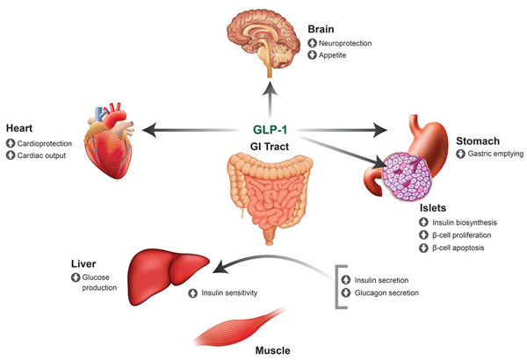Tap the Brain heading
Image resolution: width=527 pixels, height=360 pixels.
pyautogui.click(x=321, y=28)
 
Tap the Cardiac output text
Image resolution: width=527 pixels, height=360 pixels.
pyautogui.click(x=44, y=155)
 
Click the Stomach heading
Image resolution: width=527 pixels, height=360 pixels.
pyautogui.click(x=478, y=140)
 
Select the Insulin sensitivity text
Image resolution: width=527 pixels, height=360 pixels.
pyautogui.click(x=227, y=292)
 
